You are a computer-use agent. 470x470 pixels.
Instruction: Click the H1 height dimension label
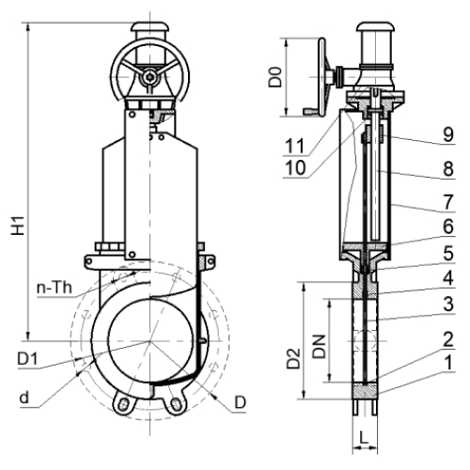(x=18, y=226)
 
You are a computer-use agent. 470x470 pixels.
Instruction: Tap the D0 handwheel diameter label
(x=274, y=77)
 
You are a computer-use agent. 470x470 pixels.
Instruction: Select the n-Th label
(x=55, y=288)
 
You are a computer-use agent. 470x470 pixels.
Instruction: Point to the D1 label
(x=27, y=359)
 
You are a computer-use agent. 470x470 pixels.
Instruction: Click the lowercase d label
(x=24, y=398)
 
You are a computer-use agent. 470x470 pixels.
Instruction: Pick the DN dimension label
(x=320, y=347)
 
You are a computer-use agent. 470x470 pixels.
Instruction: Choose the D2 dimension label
(x=294, y=358)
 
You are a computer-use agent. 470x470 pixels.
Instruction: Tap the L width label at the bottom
(x=364, y=437)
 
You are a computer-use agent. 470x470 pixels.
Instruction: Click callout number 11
(x=294, y=146)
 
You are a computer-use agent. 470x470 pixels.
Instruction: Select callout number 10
(x=295, y=168)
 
